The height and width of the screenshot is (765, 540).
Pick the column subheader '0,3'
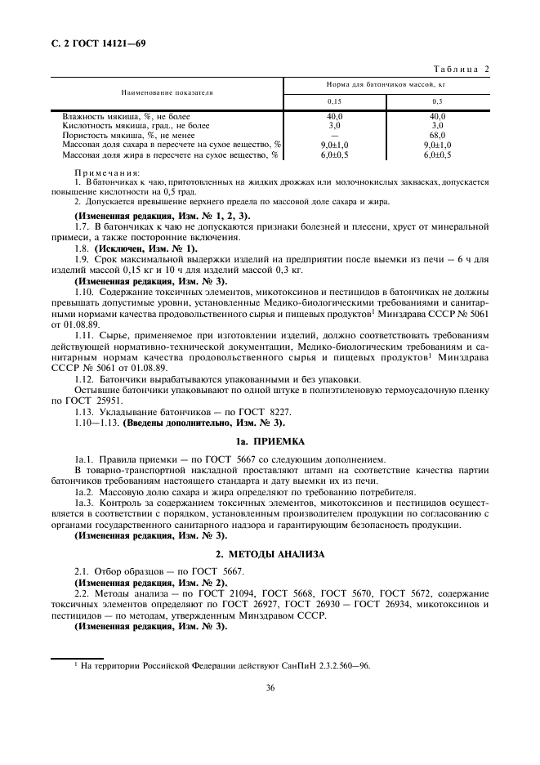(437, 101)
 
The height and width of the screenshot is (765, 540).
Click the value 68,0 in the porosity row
(437, 135)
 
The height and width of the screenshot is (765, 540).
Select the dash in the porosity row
(334, 135)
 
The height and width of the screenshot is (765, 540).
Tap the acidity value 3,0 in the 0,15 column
(334, 126)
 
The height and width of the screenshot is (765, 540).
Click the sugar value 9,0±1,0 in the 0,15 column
(334, 144)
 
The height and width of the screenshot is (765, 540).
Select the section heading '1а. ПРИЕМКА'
(270, 441)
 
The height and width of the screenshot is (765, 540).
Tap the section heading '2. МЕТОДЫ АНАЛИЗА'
(270, 553)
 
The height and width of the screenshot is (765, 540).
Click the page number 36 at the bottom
(270, 688)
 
